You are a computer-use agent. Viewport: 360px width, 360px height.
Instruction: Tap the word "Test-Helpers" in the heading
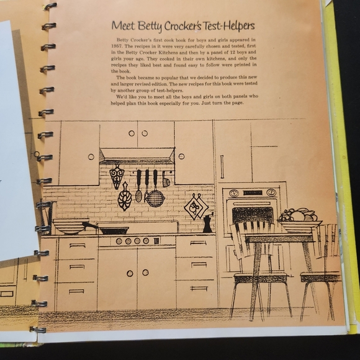227,26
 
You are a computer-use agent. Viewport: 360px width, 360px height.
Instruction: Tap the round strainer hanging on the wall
155,197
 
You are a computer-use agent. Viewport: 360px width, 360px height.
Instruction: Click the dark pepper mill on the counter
208,222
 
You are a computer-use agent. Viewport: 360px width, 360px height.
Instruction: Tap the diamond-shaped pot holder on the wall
196,206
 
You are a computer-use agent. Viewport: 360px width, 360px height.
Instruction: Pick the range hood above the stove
136,155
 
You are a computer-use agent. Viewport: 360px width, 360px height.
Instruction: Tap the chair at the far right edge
323,273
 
